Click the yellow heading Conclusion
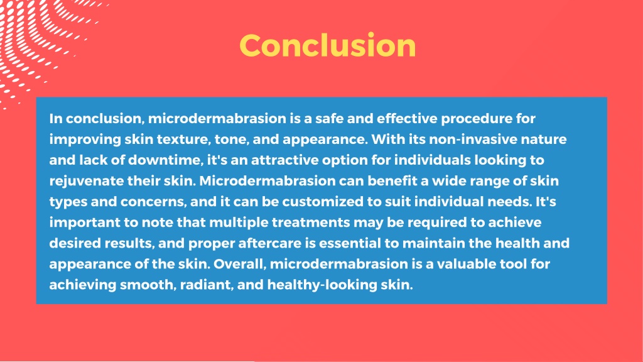327,46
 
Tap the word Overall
242,263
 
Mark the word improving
82,139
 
